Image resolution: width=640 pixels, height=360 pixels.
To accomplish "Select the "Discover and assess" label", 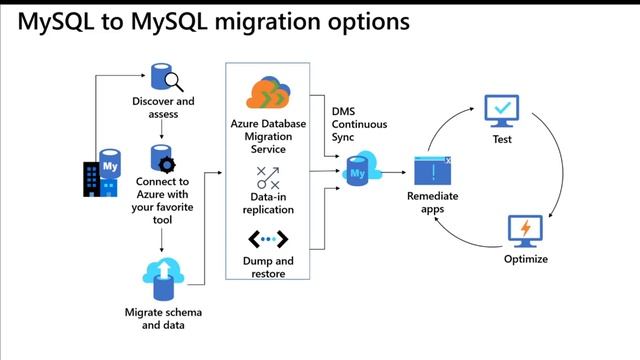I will (x=163, y=107).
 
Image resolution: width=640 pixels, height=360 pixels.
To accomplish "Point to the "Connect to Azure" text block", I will (x=163, y=200).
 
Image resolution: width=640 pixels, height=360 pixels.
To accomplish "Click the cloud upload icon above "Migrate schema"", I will (x=161, y=276).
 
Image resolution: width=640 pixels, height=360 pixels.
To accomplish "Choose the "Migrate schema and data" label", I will (x=163, y=318).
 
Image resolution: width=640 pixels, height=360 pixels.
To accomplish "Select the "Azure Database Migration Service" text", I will (x=268, y=135).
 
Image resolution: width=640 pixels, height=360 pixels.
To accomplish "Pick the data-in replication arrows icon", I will (x=268, y=179).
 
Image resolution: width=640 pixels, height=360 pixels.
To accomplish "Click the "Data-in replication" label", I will (x=268, y=204).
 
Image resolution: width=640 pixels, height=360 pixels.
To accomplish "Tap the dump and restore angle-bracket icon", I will (x=268, y=240).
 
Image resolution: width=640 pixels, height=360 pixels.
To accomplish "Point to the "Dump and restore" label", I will (x=268, y=267).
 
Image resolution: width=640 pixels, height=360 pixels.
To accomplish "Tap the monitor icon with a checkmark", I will (x=501, y=110).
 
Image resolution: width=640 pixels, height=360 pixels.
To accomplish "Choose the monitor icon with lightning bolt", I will (x=525, y=231).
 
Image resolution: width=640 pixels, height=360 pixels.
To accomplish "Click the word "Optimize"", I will (x=525, y=260).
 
